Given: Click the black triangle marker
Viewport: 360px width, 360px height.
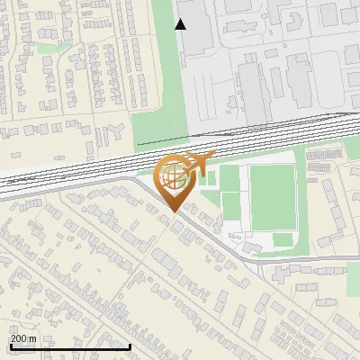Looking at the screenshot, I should click(181, 24).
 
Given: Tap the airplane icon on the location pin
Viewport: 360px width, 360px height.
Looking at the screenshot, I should click(197, 165).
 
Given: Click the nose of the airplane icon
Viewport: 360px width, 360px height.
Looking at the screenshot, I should click(213, 157).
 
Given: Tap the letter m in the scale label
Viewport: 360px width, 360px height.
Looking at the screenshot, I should click(33, 338).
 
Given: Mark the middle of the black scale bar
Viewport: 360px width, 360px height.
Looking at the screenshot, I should click(70, 346).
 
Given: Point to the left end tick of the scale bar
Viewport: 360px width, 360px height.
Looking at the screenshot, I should click(10, 346).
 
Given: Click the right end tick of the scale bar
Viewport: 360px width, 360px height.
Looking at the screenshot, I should click(130, 346).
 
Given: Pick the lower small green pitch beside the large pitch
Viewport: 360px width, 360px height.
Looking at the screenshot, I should click(230, 205).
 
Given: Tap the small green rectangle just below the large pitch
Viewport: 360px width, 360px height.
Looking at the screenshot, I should click(283, 239).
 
